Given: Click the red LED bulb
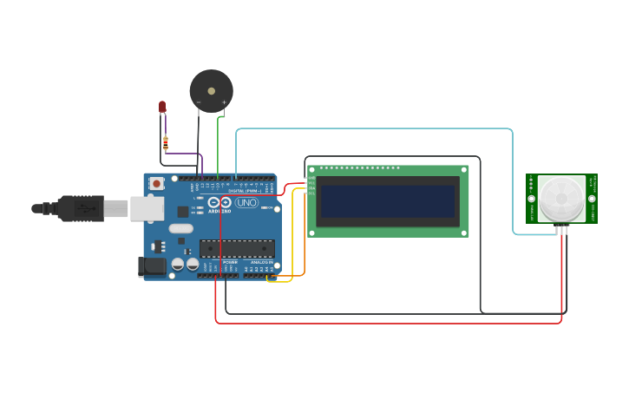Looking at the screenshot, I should (162, 107).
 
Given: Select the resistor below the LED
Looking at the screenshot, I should (165, 142).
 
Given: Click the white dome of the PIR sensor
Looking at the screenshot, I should (561, 199).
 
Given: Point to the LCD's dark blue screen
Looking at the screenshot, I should (387, 201).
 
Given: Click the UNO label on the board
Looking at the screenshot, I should (247, 202).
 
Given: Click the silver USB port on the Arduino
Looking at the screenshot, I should (147, 208).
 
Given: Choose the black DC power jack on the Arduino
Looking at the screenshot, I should (153, 267).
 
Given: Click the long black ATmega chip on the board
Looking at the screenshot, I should (237, 248).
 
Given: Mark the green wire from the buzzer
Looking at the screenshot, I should (218, 147).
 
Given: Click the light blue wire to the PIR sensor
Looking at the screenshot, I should (373, 128).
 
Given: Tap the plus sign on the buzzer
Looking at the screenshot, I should (224, 102).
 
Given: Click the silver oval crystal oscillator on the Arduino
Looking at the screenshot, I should (180, 229).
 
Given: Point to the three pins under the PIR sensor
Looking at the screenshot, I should (561, 230).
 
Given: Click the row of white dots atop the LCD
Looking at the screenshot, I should (360, 167).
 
